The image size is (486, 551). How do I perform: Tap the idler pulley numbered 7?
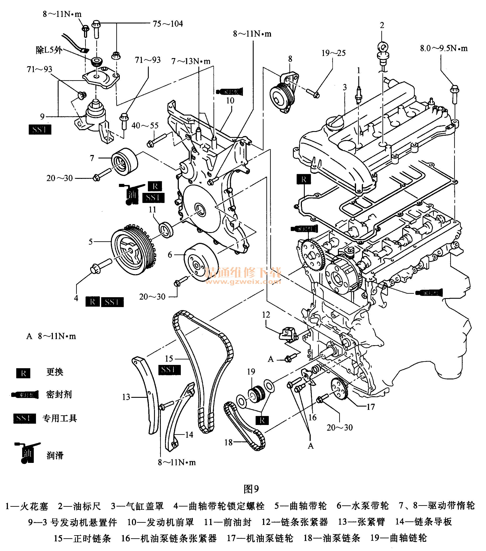(125, 162)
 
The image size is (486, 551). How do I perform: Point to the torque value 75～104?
(168, 24)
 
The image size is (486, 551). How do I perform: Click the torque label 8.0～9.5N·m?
(444, 48)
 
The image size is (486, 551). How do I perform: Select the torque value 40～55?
(145, 126)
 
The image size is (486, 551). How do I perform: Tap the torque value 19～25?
(334, 53)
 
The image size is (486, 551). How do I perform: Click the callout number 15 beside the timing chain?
(169, 359)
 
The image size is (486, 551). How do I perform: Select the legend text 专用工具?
(60, 418)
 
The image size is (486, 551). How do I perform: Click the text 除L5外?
(49, 50)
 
